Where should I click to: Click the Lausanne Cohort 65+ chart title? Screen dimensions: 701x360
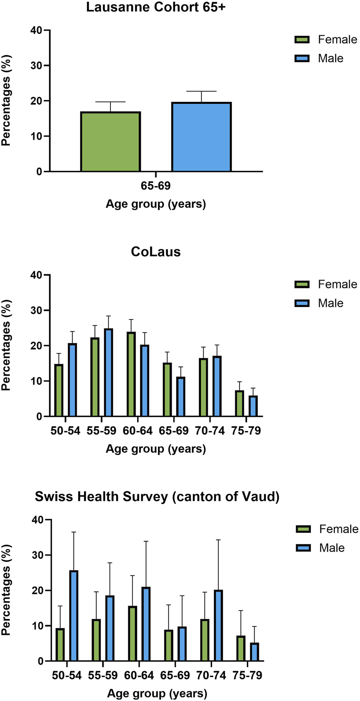coord(156,7)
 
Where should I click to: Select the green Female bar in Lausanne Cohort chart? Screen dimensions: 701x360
coord(110,142)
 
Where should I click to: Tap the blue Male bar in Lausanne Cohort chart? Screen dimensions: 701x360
coord(201,137)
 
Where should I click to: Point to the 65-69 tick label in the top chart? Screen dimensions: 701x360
coord(156,186)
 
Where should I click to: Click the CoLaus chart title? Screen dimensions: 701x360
coord(156,252)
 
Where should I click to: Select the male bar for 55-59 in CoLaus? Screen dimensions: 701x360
coord(109,373)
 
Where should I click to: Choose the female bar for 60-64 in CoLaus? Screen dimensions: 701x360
coord(131,374)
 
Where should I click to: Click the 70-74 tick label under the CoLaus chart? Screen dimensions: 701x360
coord(210,431)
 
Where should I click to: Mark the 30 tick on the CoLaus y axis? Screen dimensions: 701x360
coord(37,310)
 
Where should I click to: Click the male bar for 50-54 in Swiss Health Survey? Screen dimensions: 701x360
coord(74,616)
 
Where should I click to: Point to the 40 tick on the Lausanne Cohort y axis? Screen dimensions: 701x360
coord(37,30)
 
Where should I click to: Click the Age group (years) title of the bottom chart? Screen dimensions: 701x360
coord(157,693)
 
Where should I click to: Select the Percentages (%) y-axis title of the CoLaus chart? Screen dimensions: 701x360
coord(6,345)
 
